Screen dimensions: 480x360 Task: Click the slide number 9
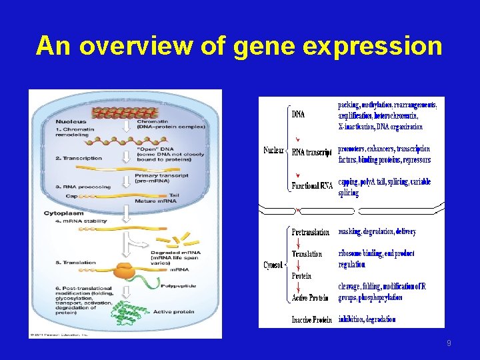click(x=449, y=343)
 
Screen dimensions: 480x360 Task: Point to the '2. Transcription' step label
click(x=79, y=158)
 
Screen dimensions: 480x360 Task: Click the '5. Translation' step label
click(x=75, y=263)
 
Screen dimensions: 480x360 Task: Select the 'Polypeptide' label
click(x=178, y=286)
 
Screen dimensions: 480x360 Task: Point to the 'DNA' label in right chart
click(x=299, y=115)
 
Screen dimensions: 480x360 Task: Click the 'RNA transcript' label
click(x=312, y=152)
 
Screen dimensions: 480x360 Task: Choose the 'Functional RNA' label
click(x=312, y=186)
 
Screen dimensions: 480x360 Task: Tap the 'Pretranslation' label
click(x=311, y=232)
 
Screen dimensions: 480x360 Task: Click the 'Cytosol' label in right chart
click(x=273, y=265)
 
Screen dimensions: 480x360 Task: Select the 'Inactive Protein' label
click(x=312, y=320)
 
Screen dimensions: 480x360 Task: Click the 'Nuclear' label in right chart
click(x=274, y=150)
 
